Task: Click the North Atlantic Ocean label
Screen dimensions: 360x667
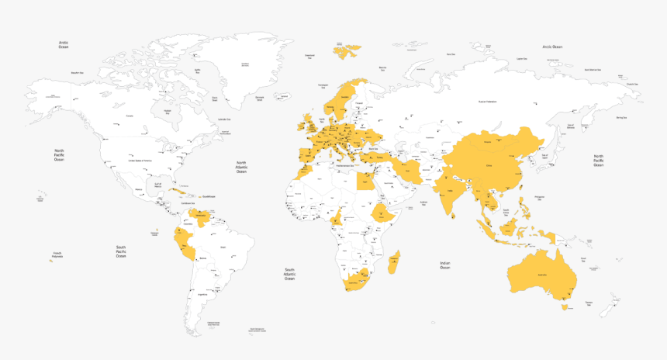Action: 241,168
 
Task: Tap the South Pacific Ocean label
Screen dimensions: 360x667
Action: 121,252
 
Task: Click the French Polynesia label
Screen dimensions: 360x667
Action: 57,254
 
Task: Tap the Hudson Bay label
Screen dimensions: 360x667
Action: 167,111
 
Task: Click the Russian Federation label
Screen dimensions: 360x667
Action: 486,102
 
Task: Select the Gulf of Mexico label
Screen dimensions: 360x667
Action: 158,185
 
